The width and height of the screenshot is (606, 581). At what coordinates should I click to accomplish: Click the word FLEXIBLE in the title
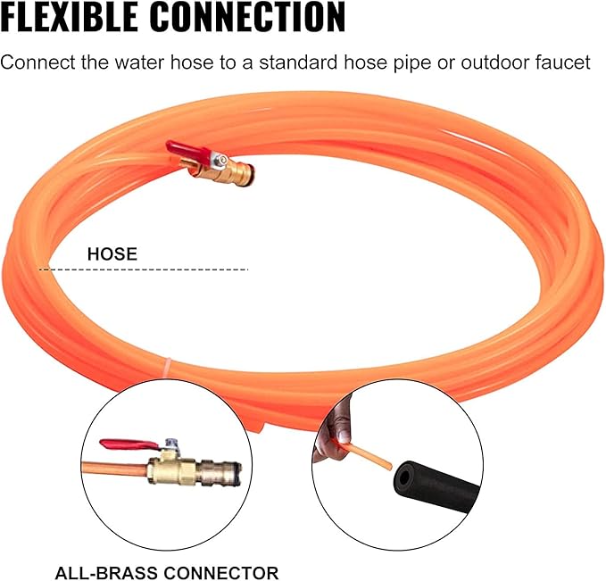point(70,17)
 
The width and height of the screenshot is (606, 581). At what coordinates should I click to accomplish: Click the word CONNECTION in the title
point(247,17)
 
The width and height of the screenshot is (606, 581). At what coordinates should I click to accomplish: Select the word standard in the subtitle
point(300,62)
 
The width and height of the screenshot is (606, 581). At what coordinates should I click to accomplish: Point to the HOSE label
point(112,254)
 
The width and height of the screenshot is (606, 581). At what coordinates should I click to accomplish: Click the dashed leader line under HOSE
point(144,270)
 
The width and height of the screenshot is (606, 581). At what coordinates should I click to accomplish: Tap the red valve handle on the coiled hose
point(188,151)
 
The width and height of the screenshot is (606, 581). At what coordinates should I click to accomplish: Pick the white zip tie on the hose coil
point(169,365)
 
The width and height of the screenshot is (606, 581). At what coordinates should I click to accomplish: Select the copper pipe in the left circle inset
point(115,469)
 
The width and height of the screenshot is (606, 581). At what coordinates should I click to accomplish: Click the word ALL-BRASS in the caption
point(105,573)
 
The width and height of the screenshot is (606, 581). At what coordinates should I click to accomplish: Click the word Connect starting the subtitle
point(37,62)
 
